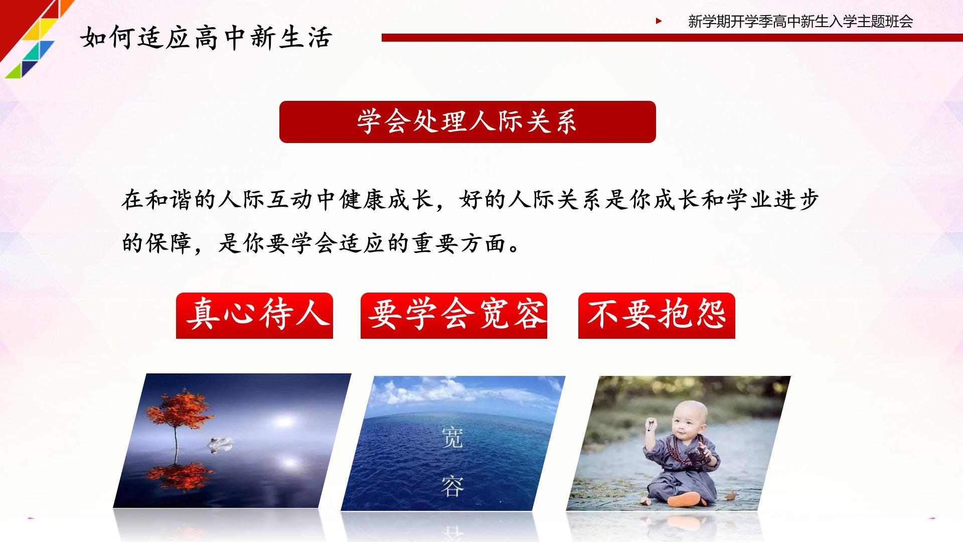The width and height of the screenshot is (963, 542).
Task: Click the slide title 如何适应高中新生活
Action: (206, 38)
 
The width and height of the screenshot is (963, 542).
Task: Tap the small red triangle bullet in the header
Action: (659, 21)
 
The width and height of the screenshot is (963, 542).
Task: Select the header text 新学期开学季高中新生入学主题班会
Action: (800, 22)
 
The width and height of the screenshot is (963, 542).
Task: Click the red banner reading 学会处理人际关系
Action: (467, 122)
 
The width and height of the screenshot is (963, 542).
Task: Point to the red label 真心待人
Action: (254, 315)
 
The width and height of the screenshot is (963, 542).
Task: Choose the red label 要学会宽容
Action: (453, 315)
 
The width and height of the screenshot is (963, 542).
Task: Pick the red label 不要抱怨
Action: (657, 315)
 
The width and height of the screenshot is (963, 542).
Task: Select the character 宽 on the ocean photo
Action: (452, 437)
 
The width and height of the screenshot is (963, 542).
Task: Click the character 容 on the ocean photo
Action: (452, 485)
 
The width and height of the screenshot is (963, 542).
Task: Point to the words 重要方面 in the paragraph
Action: (458, 243)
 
